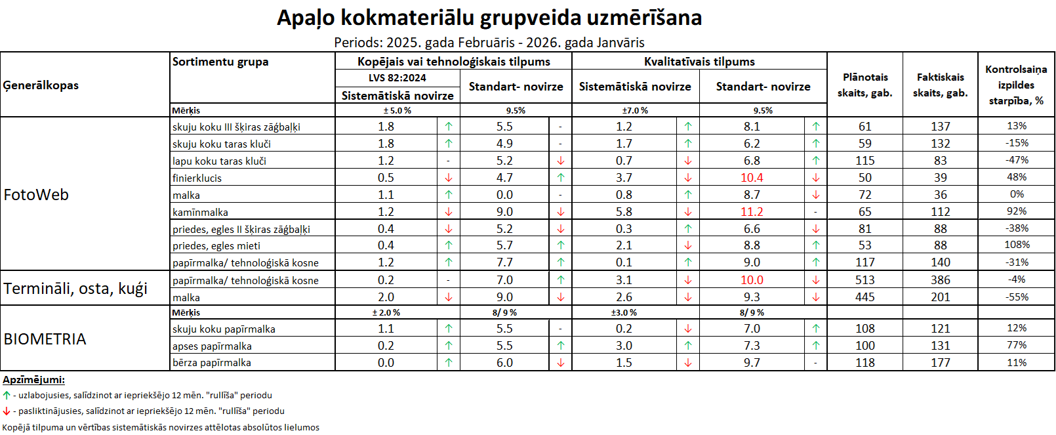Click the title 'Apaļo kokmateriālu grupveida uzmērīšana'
click(489, 18)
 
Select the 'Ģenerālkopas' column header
click(41, 85)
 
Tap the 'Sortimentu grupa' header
click(220, 62)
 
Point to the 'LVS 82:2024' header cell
click(397, 77)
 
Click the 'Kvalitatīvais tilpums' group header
click(699, 62)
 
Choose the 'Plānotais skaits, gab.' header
click(864, 85)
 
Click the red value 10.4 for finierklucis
click(752, 178)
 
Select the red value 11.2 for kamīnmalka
click(752, 212)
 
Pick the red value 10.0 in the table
click(752, 280)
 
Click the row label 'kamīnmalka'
click(200, 212)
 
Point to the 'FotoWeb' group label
click(36, 195)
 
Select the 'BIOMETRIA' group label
click(45, 339)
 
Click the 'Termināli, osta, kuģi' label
click(75, 289)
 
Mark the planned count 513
click(864, 280)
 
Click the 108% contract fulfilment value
click(1017, 245)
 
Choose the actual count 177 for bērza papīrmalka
click(940, 363)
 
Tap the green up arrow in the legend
click(7, 396)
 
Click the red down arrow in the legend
click(7, 411)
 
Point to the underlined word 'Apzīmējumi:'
click(33, 380)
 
